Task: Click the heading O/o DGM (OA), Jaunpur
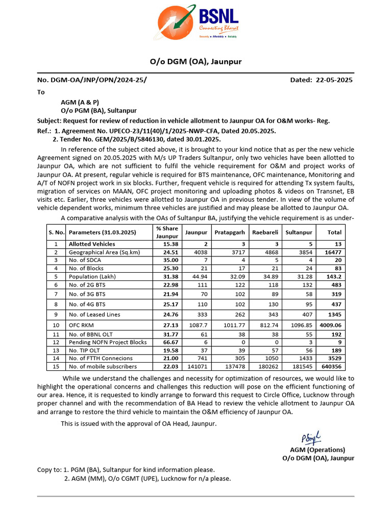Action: [195, 62]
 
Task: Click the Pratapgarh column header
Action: [229, 232]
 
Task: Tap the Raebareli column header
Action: [265, 232]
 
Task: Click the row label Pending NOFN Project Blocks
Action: [107, 342]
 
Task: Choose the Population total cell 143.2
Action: [333, 276]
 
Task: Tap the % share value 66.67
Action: [166, 342]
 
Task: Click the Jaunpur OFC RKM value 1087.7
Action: [197, 325]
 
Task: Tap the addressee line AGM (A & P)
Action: [80, 102]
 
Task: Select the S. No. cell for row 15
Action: [56, 366]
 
